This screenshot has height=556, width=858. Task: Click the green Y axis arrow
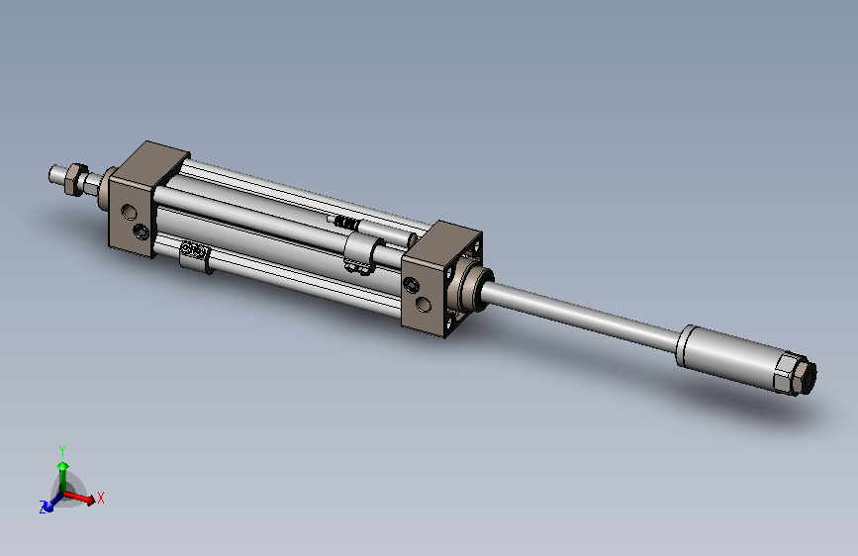(63, 475)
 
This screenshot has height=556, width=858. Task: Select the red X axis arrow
(80, 497)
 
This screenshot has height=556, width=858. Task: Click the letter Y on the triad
(61, 451)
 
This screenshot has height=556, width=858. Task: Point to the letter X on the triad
(100, 498)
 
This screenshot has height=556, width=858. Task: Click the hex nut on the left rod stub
(75, 179)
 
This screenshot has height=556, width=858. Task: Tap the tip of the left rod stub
(50, 175)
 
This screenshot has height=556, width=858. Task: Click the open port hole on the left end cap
(129, 212)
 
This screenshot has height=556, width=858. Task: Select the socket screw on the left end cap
(142, 232)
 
